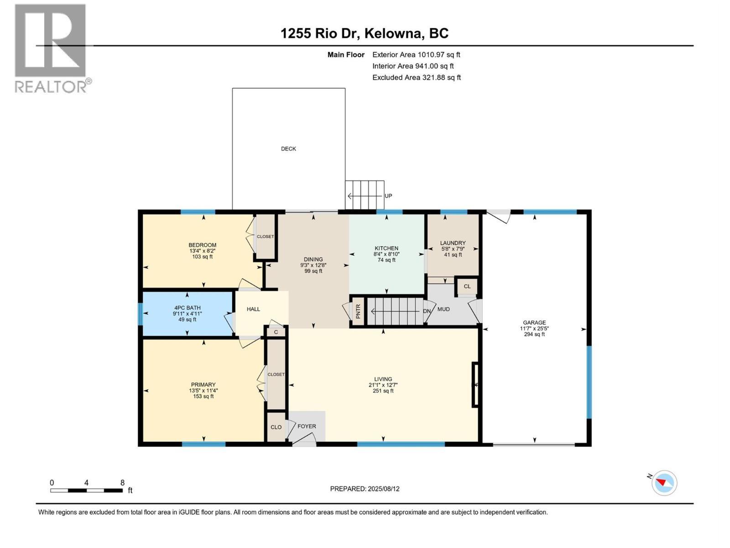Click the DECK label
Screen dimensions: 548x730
(x=288, y=149)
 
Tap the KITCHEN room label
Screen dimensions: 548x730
(x=386, y=248)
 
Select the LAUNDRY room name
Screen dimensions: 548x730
(x=453, y=243)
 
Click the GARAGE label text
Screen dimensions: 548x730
(x=534, y=322)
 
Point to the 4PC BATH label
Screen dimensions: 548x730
(x=187, y=308)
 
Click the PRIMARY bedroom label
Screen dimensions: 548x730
(x=203, y=385)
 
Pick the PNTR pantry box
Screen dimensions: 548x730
(x=358, y=311)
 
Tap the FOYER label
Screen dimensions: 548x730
(x=307, y=427)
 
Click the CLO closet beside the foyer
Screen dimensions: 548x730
(x=276, y=427)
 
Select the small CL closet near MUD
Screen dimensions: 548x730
(x=467, y=286)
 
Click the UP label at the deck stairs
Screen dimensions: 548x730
(x=388, y=196)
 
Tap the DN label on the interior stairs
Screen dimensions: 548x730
(x=427, y=311)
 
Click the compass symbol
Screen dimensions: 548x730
(x=664, y=483)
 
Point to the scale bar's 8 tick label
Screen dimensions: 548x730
(x=122, y=483)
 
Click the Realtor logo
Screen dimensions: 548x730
(x=51, y=48)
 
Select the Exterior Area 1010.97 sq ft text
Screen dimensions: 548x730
(x=416, y=55)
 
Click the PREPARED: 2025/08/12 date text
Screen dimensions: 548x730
(x=365, y=489)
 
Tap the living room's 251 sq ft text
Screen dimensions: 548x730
(x=383, y=391)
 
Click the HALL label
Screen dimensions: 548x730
(x=253, y=309)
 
